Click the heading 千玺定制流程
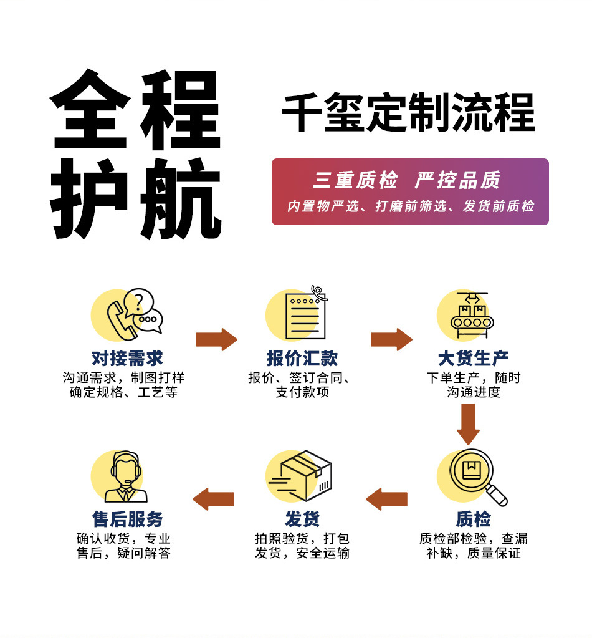click(408, 112)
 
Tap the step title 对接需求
click(127, 359)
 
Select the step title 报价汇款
click(302, 359)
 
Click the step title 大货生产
click(473, 359)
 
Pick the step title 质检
click(473, 519)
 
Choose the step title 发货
click(302, 519)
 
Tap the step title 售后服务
click(127, 519)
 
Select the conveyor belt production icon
click(472, 315)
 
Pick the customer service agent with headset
click(126, 476)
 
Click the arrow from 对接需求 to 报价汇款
click(216, 339)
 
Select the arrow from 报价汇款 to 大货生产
click(391, 339)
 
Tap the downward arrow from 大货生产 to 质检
click(468, 424)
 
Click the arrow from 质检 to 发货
click(387, 500)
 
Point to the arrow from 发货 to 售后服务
click(214, 500)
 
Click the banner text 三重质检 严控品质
click(406, 180)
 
